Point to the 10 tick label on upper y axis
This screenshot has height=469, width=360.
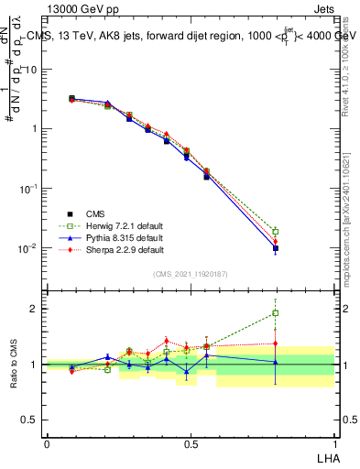click(x=30, y=70)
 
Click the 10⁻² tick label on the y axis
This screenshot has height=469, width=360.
click(x=27, y=247)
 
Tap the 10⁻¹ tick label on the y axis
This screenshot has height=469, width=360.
click(x=27, y=188)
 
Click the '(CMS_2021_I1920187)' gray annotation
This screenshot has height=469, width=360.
click(x=190, y=272)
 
